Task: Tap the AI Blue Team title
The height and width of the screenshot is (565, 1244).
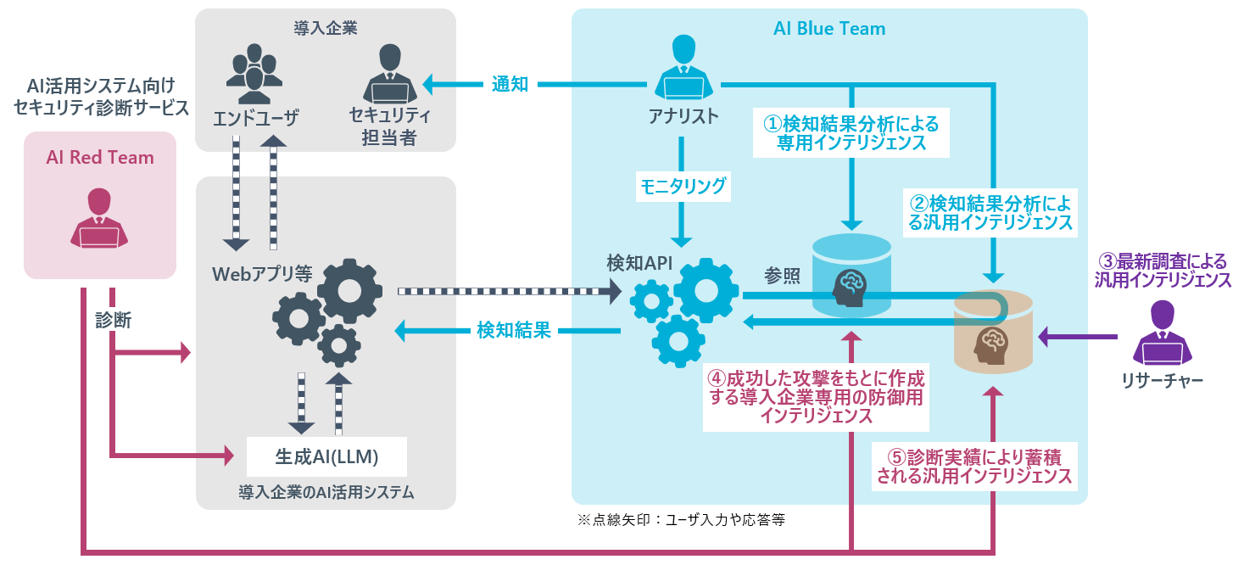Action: pos(828,29)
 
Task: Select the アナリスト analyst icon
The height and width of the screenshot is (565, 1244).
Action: pos(683,70)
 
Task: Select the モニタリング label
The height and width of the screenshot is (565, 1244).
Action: pos(683,187)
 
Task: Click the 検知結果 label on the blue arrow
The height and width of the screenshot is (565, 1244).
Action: pos(514,330)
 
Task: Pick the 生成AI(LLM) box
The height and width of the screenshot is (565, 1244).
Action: pos(326,456)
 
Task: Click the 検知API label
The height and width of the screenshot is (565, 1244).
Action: pos(639,263)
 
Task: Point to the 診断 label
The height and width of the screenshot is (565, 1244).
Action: pos(113,320)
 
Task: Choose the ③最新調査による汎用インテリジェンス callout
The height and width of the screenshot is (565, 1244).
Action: pos(1163,269)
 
